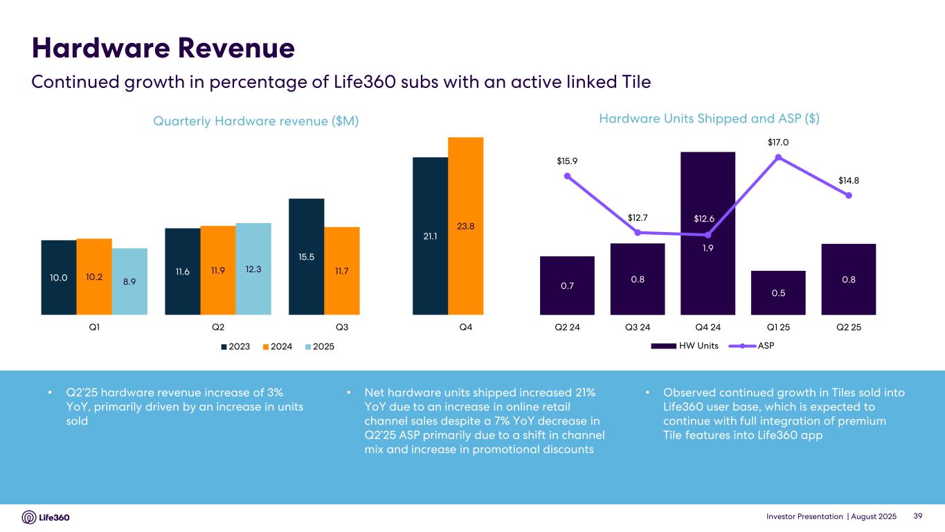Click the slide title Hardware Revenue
point(163,48)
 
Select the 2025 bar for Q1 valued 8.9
point(129,281)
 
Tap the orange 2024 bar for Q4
point(465,226)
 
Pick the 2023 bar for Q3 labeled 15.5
point(306,256)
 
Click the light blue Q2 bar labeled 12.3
point(253,269)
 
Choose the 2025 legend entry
point(319,346)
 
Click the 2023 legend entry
point(236,346)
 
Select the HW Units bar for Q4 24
point(708,233)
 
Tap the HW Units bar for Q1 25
point(778,292)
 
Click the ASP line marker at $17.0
point(778,157)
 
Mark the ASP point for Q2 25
point(849,195)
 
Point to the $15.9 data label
point(567,161)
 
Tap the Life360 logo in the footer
point(46,517)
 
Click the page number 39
point(919,517)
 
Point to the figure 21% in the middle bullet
point(584,393)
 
